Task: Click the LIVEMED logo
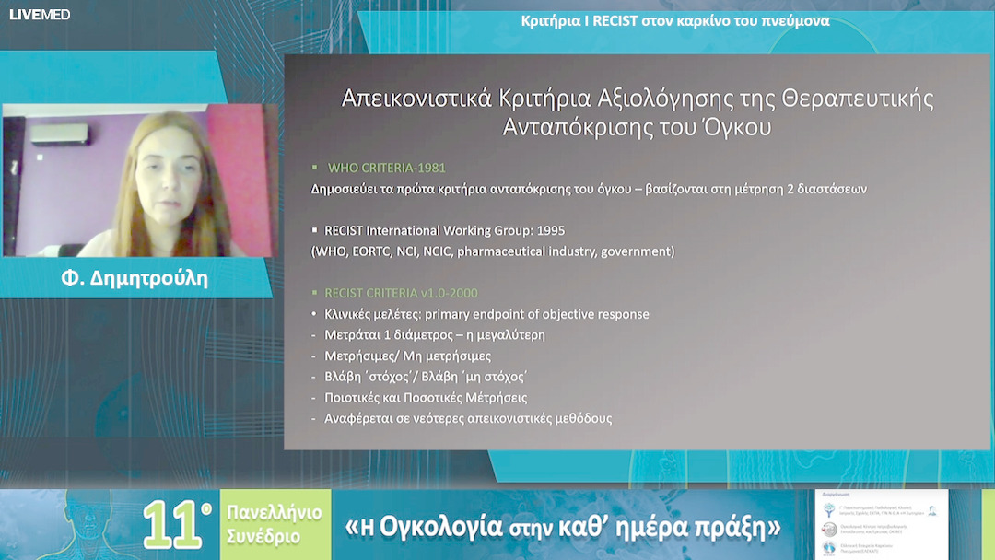[40, 15]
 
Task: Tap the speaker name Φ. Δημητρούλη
[135, 278]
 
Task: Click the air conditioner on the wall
[59, 134]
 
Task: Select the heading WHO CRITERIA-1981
[387, 169]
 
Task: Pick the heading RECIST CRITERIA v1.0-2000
[401, 293]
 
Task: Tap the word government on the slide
[638, 251]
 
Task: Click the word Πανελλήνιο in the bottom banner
[275, 513]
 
